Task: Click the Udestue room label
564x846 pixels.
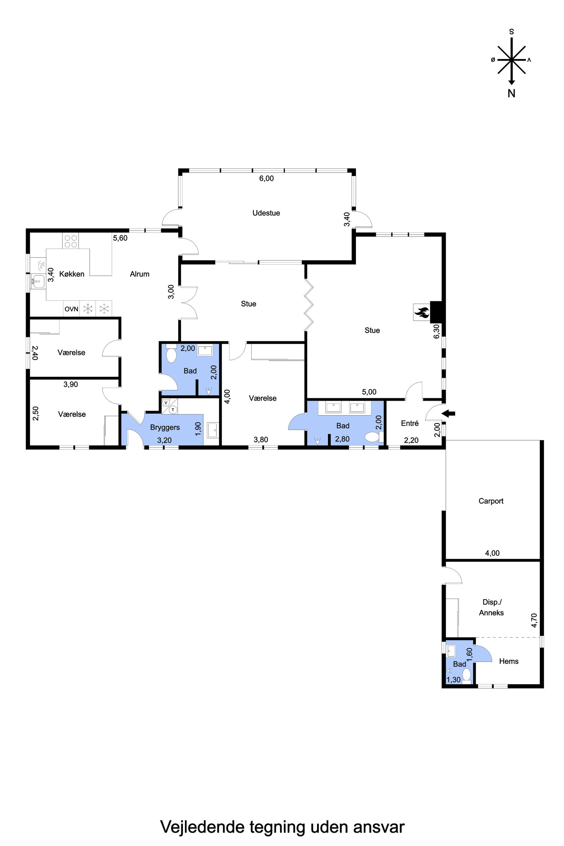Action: (266, 213)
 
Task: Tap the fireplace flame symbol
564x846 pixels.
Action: (421, 312)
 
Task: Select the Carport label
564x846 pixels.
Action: (491, 501)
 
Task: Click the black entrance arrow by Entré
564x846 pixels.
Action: (449, 414)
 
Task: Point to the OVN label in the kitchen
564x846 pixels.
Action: (71, 309)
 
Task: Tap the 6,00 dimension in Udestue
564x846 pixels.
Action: (267, 179)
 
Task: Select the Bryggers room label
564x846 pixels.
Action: (165, 427)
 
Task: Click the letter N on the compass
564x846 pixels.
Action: (511, 93)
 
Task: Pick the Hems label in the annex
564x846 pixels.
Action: (509, 661)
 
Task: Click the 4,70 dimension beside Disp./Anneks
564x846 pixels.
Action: (534, 621)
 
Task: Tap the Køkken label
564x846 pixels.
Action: (72, 274)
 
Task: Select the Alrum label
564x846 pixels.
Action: (140, 274)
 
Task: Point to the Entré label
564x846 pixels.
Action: (410, 423)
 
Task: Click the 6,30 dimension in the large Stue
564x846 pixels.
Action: (437, 331)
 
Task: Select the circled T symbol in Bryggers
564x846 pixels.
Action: (173, 410)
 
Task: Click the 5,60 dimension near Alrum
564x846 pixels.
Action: (120, 238)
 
